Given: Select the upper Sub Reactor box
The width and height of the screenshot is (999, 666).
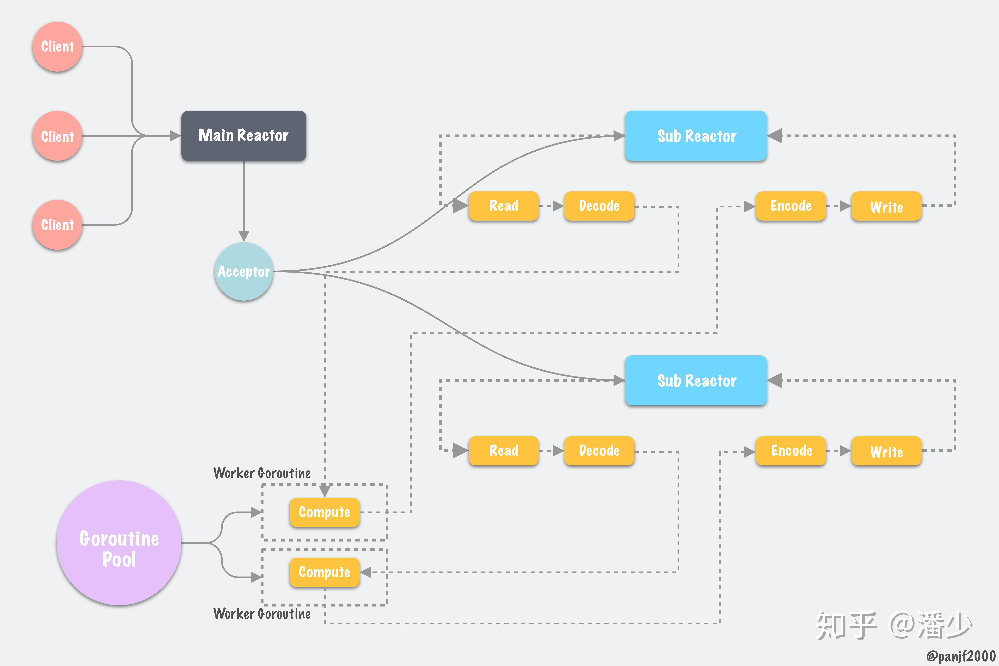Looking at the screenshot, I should [696, 136].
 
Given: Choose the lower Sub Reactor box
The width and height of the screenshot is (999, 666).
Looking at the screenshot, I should [696, 381].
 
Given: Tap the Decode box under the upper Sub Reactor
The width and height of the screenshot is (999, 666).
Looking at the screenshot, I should [599, 206].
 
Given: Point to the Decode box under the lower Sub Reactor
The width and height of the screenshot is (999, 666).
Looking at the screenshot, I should [599, 451].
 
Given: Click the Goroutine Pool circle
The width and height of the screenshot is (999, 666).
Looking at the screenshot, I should [119, 543].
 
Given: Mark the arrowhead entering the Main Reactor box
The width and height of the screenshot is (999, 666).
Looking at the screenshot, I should [175, 136].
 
